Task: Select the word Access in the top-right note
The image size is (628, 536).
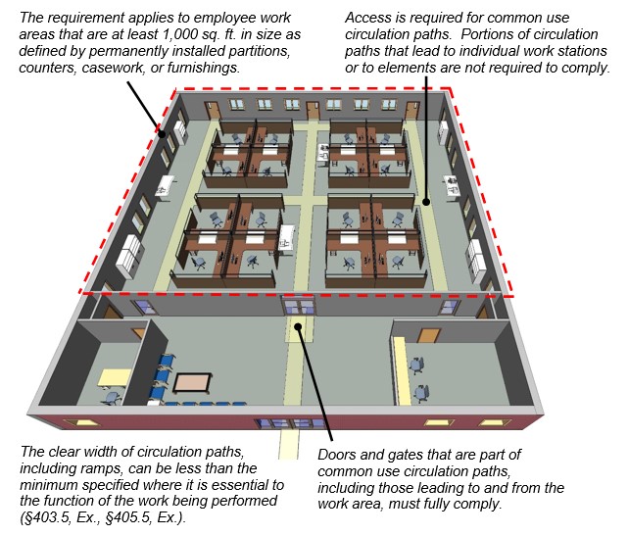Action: [367, 18]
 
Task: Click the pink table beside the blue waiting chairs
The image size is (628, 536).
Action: [192, 383]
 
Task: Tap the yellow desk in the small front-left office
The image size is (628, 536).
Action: [114, 378]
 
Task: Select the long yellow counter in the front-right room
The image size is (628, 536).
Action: [402, 370]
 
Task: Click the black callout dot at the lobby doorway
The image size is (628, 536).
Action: [298, 326]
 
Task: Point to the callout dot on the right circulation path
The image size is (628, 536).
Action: [426, 202]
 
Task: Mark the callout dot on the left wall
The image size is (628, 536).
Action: [162, 134]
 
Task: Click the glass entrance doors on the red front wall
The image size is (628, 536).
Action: [291, 424]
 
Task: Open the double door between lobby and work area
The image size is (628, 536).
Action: [299, 307]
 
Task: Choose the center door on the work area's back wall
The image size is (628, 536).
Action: [313, 111]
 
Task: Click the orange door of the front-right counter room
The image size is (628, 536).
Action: [429, 336]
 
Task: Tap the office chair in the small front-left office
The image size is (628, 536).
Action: [112, 397]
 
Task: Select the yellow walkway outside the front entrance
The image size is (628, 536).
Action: [289, 444]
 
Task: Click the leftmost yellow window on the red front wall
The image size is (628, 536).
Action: [82, 422]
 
